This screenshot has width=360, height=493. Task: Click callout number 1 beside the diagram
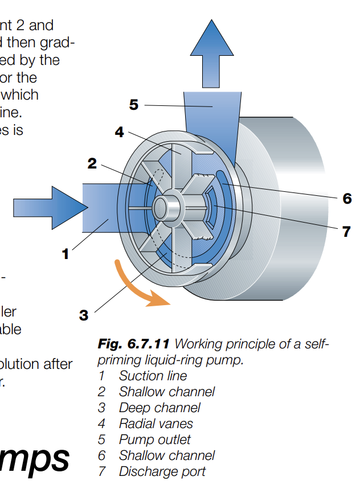click(66, 254)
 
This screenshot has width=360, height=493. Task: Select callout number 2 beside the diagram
click(92, 163)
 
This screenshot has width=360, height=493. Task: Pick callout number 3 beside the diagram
click(84, 314)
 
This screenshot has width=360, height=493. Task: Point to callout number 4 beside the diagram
click(119, 132)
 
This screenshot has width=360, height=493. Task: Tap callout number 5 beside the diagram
click(134, 105)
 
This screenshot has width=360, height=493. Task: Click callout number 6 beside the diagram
click(347, 199)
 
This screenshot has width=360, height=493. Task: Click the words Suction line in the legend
click(153, 376)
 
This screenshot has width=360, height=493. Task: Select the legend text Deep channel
click(159, 408)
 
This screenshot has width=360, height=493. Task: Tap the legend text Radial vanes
click(156, 424)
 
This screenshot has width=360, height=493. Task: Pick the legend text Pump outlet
click(154, 439)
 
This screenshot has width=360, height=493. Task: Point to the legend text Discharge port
click(162, 471)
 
